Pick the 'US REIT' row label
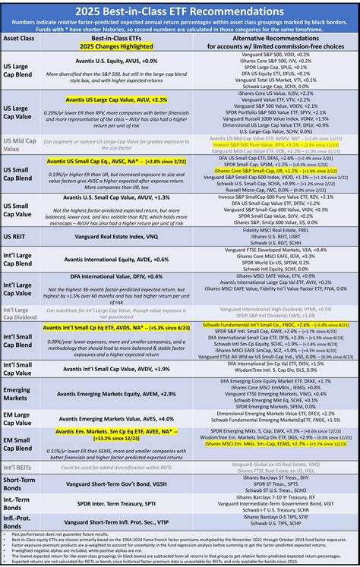tap(17, 236)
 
